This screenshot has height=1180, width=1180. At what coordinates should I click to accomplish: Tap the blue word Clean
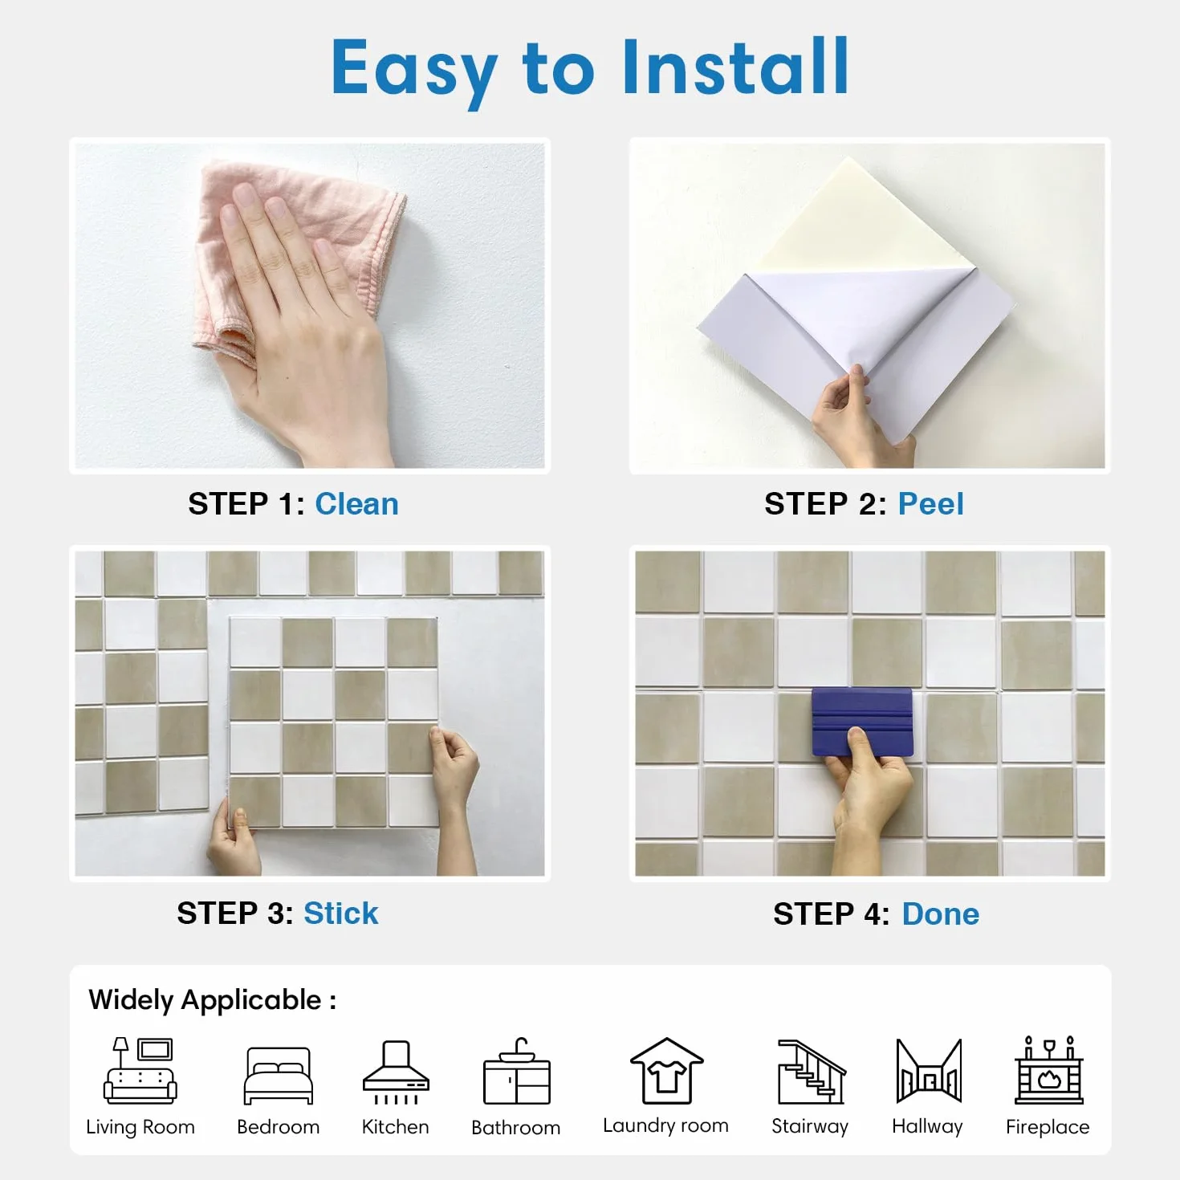point(356,504)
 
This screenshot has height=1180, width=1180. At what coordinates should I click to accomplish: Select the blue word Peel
point(930,504)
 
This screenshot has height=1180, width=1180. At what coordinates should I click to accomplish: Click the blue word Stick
point(340,913)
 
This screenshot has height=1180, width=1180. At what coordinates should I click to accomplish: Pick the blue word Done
point(940,913)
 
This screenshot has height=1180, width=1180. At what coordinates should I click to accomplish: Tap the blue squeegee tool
point(862,722)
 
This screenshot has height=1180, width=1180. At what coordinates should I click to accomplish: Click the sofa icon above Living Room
point(140,1070)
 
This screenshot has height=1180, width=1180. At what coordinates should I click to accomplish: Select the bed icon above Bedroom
point(279,1076)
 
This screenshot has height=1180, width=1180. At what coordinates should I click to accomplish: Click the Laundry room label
point(665,1125)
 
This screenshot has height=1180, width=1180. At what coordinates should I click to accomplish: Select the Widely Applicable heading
point(213,1000)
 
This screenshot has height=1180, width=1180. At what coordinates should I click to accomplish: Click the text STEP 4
point(831,913)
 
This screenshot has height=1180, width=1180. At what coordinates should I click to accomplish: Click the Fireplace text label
point(1048,1127)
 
